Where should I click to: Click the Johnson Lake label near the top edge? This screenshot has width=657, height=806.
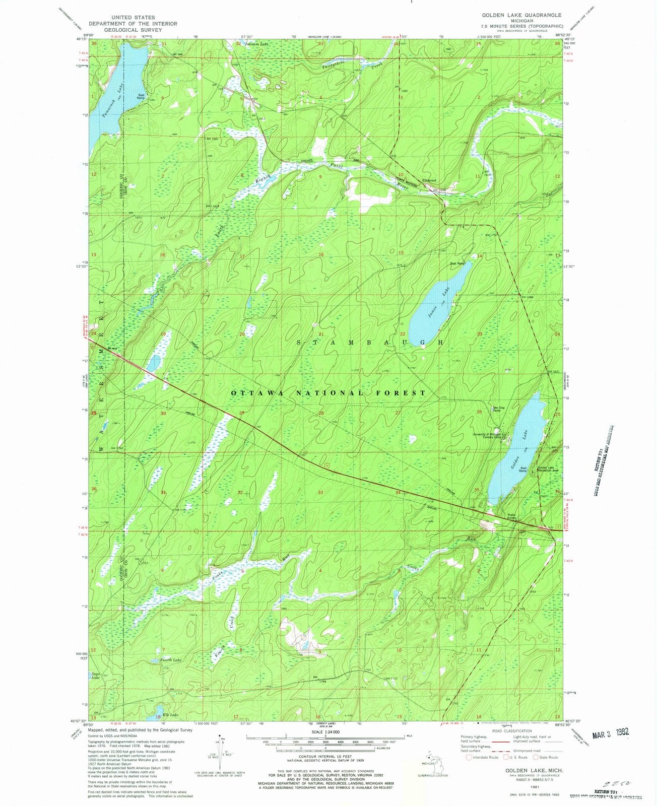tap(256, 44)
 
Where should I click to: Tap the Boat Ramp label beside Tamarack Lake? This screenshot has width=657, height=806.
tap(141, 96)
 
